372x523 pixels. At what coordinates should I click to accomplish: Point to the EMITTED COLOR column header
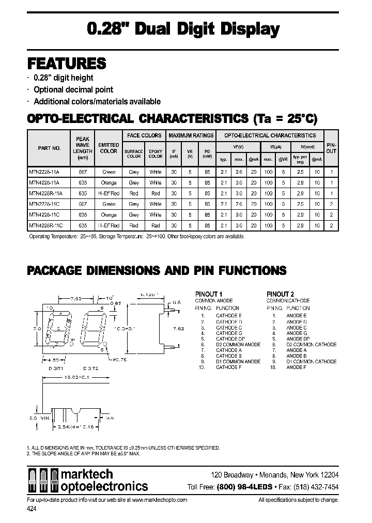point(109,148)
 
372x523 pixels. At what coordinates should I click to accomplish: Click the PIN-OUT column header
point(331,148)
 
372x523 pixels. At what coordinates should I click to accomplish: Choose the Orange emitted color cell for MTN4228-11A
point(109,183)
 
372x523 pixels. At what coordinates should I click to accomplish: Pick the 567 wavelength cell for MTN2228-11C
point(82,204)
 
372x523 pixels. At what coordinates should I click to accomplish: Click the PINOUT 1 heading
point(209,295)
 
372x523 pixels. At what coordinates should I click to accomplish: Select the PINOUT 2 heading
point(281,295)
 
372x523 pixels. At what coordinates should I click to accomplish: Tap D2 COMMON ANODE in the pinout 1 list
point(238,345)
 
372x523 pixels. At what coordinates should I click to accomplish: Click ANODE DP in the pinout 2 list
point(298,339)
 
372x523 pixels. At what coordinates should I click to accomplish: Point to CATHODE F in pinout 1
point(229,367)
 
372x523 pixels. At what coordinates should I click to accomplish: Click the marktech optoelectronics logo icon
point(43,481)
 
